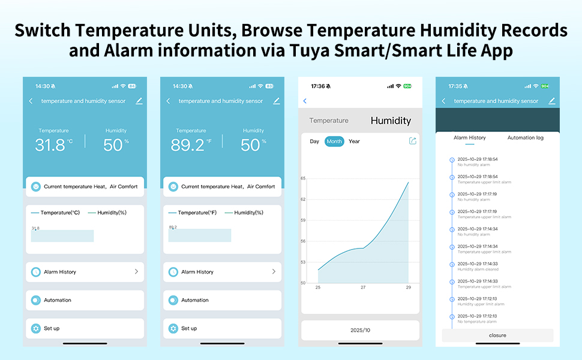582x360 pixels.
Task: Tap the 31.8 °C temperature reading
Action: pos(53,145)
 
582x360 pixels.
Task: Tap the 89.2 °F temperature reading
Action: pos(191,145)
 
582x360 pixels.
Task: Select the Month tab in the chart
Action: pos(334,142)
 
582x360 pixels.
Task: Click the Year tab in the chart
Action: pos(354,142)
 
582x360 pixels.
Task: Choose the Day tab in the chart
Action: pos(314,142)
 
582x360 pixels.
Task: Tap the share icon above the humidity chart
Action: pos(412,141)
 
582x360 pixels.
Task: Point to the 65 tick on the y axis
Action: pos(303,178)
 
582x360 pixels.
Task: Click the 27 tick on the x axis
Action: pos(363,288)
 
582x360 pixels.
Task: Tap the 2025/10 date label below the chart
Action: pos(360,331)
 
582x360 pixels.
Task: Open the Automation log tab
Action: pos(525,138)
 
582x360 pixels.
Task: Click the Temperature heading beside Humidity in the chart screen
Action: pos(329,121)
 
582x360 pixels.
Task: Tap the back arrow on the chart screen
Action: pos(305,101)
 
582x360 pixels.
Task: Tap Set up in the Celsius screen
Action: pos(52,328)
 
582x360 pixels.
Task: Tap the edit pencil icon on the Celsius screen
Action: pos(139,101)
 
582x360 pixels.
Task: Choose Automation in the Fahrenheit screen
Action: pos(195,300)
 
